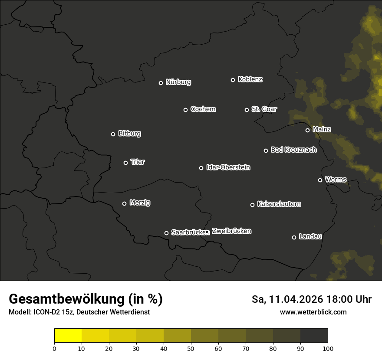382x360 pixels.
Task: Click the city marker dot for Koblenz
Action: [233, 80]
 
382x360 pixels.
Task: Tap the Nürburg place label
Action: [178, 82]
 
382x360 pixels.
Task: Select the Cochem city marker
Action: [185, 110]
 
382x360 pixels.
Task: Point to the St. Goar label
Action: [264, 109]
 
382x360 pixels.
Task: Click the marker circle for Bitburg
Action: [113, 134]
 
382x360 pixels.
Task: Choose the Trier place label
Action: [138, 162]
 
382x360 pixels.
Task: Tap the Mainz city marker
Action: [307, 130]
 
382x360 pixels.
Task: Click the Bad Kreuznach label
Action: [293, 150]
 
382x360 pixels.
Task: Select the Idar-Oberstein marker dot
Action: [201, 168]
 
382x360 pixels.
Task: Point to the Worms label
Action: [336, 179]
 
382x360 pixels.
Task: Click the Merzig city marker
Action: [124, 203]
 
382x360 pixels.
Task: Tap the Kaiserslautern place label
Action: [279, 204]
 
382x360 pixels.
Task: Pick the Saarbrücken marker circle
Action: [166, 233]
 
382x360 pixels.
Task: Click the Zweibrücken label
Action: [231, 231]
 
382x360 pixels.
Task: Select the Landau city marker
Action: [294, 237]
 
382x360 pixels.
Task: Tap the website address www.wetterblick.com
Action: [313, 312]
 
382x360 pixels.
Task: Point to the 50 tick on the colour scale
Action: [191, 348]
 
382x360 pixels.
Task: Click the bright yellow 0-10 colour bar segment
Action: [68, 335]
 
